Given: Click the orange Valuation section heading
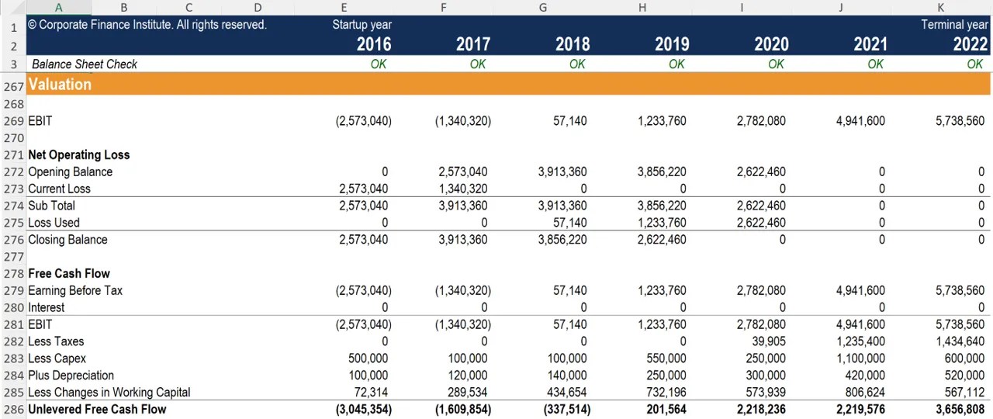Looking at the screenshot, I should coord(60,84).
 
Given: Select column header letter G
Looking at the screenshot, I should coord(542,8).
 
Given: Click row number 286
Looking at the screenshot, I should coord(13,409).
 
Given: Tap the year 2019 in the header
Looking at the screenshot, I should coord(671,44).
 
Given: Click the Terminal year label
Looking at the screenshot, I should coord(953,25).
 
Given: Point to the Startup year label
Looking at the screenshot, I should coord(362,25).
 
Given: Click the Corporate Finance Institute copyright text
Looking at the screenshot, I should coord(147,25).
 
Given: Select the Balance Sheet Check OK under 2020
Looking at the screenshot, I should coord(776,64).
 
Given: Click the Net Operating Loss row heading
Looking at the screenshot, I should coord(78,154).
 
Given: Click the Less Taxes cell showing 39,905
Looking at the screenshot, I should coord(766,341).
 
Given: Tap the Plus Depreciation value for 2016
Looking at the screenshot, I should coord(368,376).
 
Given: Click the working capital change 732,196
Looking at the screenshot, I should coord(666,393).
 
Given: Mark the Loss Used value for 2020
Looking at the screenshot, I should coord(761,223).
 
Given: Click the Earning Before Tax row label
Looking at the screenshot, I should coord(75,290).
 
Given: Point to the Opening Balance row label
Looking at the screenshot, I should coord(70,171).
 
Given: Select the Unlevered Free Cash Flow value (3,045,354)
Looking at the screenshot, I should coord(363,409).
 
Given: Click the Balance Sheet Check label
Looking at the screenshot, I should coord(84,64).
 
